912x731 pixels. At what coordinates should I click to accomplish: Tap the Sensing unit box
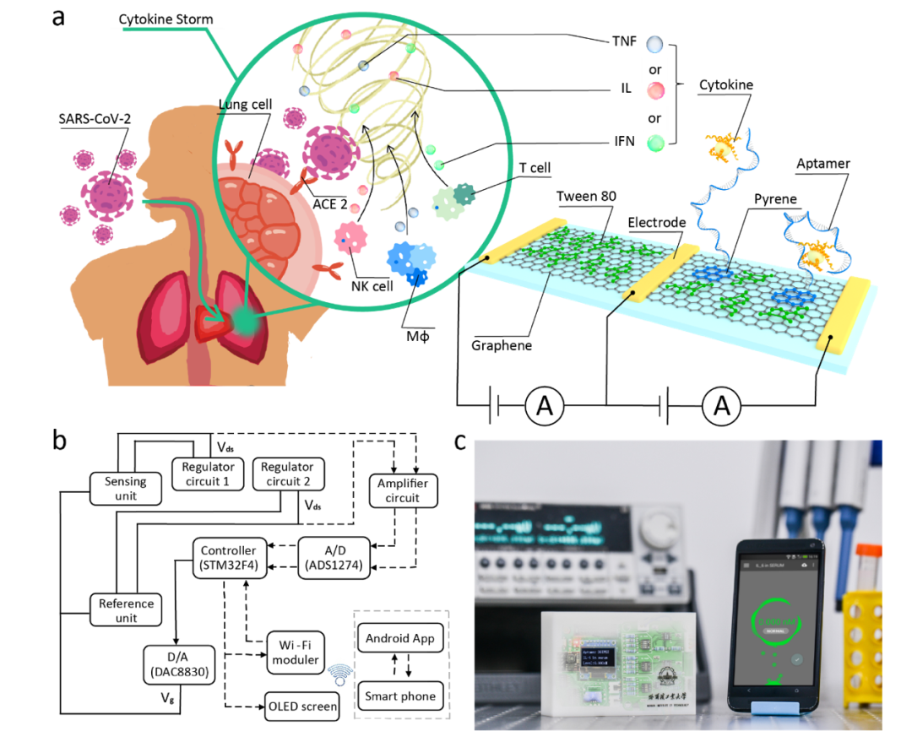tap(126, 489)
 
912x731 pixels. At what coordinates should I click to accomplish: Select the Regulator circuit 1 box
tap(208, 474)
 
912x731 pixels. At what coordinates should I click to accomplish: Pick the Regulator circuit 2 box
tap(287, 474)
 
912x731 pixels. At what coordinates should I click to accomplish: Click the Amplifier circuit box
tap(402, 490)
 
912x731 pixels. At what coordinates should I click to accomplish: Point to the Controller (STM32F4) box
tap(228, 558)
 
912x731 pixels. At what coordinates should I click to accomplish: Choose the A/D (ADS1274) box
tap(334, 558)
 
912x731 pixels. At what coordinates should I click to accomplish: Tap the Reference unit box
tap(126, 610)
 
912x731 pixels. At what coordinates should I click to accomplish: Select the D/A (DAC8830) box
tap(178, 664)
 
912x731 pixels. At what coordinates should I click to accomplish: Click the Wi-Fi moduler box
tap(296, 652)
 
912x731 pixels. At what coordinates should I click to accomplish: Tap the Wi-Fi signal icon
tap(339, 675)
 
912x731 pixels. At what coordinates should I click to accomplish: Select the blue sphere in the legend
tap(654, 45)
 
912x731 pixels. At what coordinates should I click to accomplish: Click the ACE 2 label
tap(328, 203)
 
